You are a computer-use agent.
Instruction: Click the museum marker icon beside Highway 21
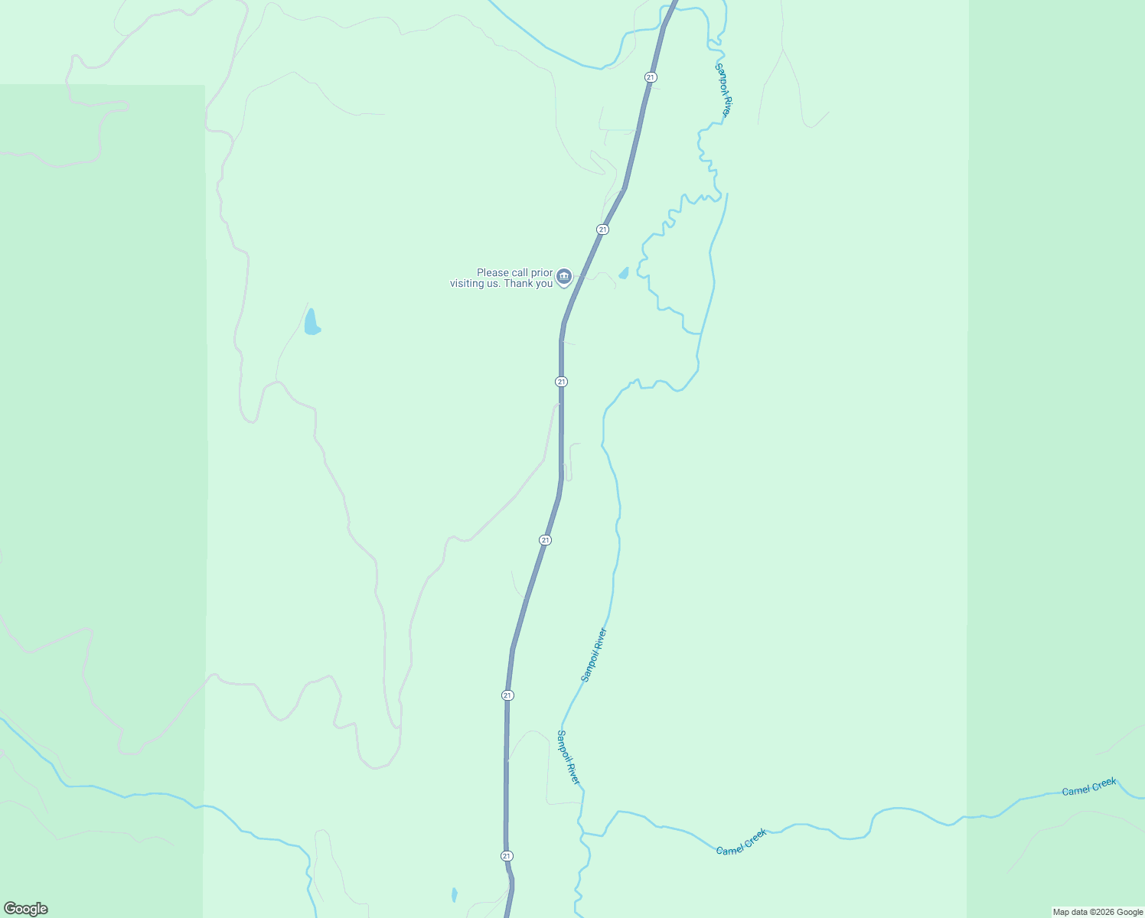point(564,276)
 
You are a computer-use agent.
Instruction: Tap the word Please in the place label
point(492,272)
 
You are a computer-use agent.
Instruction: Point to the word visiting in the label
point(467,283)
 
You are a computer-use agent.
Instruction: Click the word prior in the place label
point(541,272)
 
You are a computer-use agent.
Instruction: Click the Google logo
point(26,909)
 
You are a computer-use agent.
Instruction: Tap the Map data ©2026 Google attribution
point(1098,912)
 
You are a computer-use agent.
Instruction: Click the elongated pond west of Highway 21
point(311,323)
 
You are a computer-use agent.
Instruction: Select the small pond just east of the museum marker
point(624,273)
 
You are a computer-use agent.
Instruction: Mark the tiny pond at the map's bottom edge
point(454,894)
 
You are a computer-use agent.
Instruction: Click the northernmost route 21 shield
point(651,77)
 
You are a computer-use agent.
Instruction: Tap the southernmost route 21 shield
point(507,855)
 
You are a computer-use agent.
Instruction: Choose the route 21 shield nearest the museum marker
point(603,229)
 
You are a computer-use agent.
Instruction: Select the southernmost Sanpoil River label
point(569,757)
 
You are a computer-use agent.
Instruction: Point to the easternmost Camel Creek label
point(1089,786)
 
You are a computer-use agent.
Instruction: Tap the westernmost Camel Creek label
point(741,841)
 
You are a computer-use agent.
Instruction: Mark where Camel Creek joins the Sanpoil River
point(584,833)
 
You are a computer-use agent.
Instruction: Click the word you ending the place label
point(544,283)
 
